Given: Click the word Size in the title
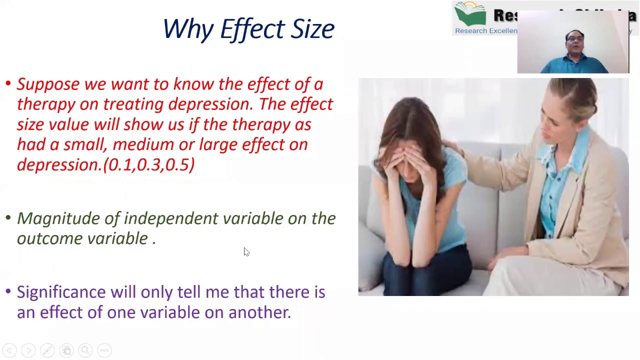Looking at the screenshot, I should [x=312, y=29].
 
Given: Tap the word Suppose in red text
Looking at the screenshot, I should [x=48, y=84].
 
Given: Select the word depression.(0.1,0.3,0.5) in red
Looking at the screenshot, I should [x=105, y=165].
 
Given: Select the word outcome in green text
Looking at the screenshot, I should [x=50, y=238].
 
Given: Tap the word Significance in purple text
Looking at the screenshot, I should [x=61, y=292].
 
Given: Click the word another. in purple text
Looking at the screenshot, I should [x=259, y=312].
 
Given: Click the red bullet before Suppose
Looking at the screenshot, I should [x=8, y=83].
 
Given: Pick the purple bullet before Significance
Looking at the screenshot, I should [x=8, y=290].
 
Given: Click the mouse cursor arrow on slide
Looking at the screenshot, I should [x=246, y=251].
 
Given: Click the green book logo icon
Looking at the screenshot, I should [x=470, y=13].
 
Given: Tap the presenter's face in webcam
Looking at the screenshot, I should [x=575, y=42].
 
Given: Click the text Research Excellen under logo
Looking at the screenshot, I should [x=486, y=31].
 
